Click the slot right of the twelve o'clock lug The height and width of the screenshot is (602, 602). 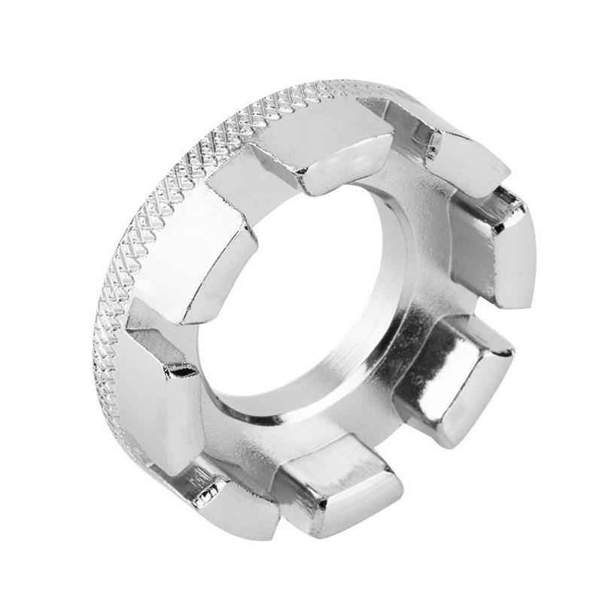(x=410, y=150)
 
